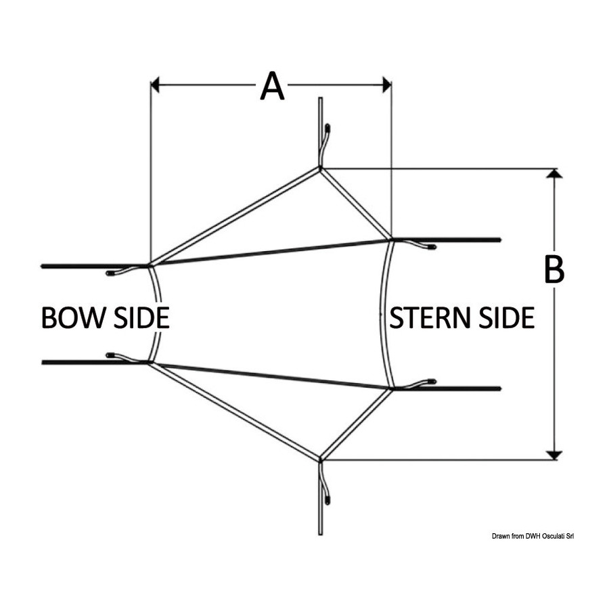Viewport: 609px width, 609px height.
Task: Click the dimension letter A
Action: point(272,86)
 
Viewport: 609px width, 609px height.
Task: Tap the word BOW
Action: point(73,318)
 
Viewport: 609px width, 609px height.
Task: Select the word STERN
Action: point(432,318)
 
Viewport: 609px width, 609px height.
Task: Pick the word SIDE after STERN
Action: point(507,318)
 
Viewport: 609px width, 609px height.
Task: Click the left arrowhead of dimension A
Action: point(155,85)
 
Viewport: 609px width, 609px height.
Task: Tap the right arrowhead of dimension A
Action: point(387,85)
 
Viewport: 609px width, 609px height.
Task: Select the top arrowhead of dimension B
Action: point(554,173)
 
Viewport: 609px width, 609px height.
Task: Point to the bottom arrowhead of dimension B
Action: point(554,455)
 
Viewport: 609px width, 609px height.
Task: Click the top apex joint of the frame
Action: point(320,168)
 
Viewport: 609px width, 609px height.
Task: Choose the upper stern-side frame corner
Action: point(391,240)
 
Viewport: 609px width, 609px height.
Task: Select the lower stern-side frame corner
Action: point(392,388)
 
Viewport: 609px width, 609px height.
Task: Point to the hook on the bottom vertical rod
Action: point(324,482)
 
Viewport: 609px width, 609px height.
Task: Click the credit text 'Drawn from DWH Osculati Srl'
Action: point(533,537)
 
